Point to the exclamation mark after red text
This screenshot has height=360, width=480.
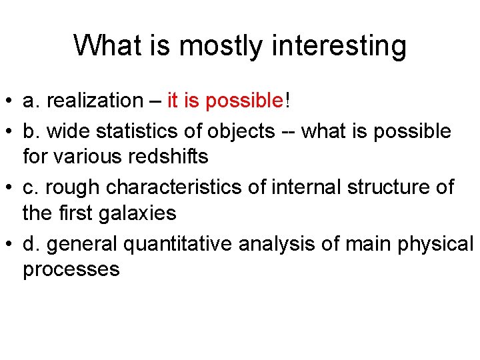point(287,101)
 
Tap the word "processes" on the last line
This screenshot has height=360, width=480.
point(71,269)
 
